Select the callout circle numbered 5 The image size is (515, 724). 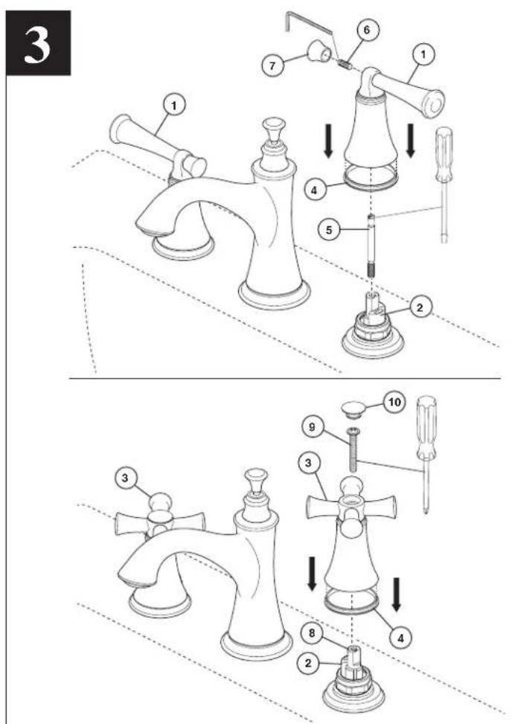coord(330,229)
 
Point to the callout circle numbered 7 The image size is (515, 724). coord(272,65)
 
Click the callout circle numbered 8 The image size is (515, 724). coord(312,633)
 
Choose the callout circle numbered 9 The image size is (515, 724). coord(312,427)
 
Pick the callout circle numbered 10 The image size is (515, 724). coord(394,402)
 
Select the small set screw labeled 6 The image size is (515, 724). coord(344,63)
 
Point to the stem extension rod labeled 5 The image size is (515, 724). coord(371,246)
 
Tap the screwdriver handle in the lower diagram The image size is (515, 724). coord(426,427)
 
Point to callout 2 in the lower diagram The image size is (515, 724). coord(309,664)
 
